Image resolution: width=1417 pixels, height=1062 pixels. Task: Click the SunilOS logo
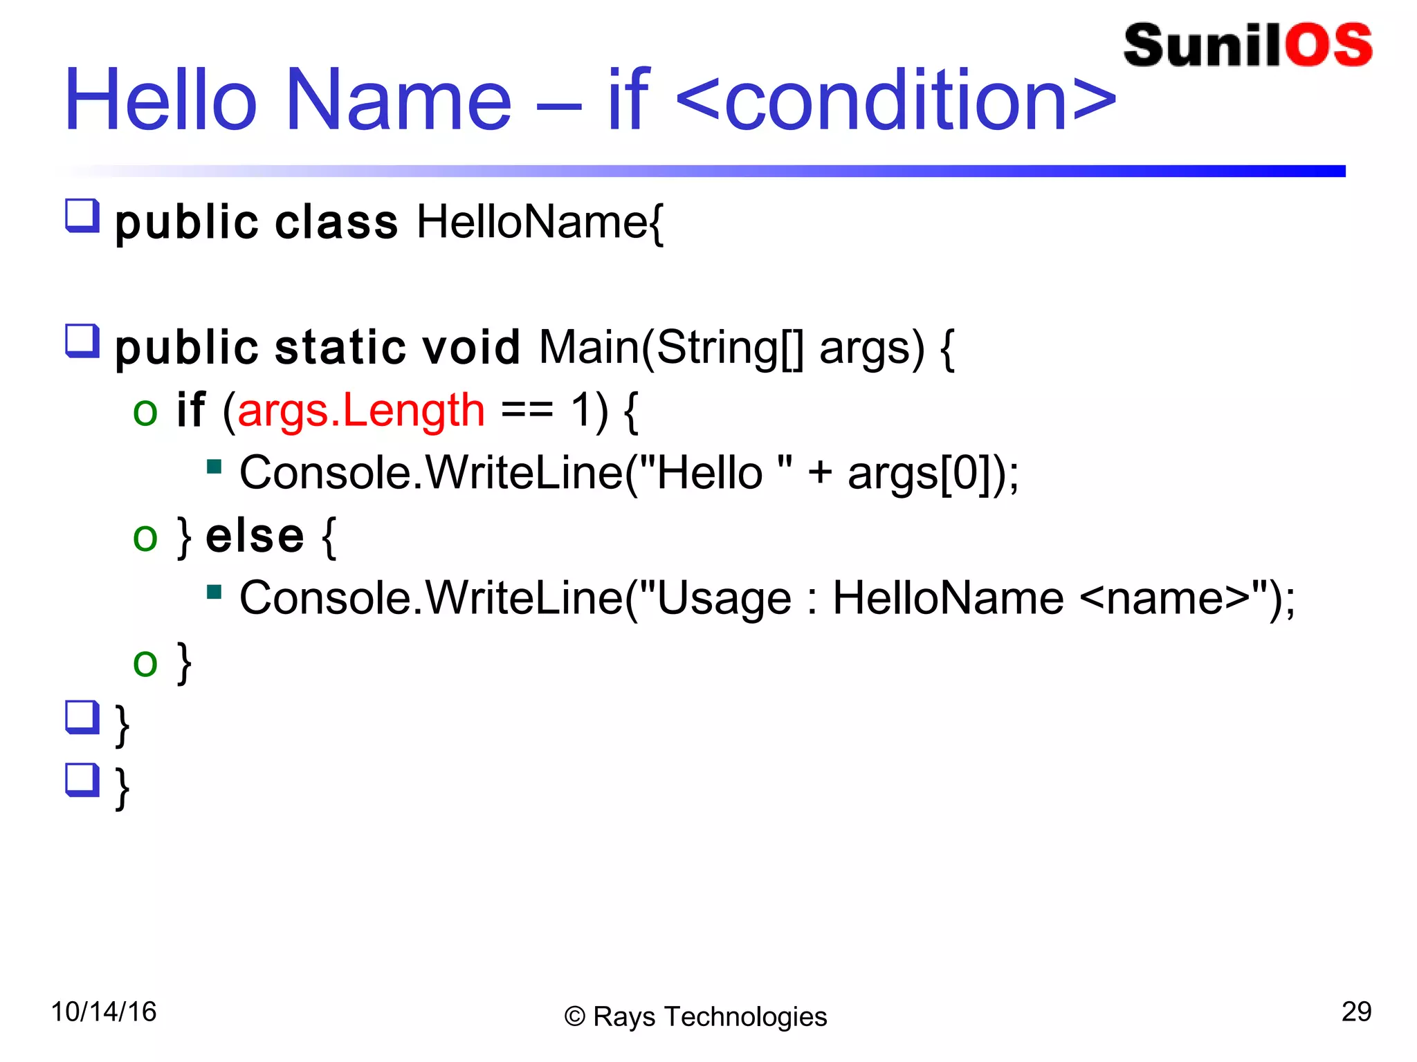[x=1247, y=46]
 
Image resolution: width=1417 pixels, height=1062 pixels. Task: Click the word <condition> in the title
[x=896, y=102]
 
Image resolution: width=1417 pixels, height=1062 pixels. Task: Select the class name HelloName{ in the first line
[x=540, y=223]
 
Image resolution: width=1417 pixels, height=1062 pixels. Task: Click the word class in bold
[x=336, y=223]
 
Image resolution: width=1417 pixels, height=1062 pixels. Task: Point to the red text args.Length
[x=360, y=411]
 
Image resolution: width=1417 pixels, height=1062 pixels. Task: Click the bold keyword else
[x=255, y=536]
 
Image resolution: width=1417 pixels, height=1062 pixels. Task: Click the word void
[x=470, y=347]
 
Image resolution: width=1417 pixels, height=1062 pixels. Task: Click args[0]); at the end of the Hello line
[x=933, y=474]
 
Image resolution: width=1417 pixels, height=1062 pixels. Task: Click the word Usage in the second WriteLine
[x=724, y=599]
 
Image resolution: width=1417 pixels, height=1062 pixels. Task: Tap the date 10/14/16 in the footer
[x=104, y=1012]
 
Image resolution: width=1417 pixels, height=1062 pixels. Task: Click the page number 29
[x=1356, y=1012]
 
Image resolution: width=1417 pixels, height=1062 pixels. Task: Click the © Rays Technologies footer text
[x=695, y=1016]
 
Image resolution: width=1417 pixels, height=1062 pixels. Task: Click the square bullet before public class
[x=82, y=216]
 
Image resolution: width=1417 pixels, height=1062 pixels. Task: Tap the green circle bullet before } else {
[x=145, y=537]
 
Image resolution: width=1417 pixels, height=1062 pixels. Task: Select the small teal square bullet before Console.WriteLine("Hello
[x=214, y=467]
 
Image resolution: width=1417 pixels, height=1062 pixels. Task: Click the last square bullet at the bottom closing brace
[x=82, y=780]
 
